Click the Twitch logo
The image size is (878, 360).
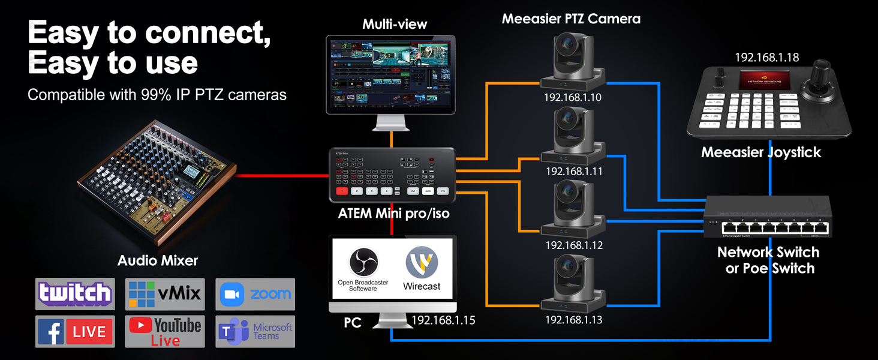(75, 294)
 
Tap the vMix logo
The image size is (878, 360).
(165, 294)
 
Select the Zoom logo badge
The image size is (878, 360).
(255, 294)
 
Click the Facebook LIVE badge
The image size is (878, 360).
(75, 331)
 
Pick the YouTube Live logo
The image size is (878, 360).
(165, 331)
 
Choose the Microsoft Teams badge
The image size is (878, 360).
(255, 331)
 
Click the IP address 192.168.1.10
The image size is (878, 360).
(573, 97)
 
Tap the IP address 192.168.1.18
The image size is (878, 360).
(767, 58)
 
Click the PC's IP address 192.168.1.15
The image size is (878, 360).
(443, 320)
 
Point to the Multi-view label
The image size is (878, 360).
(395, 24)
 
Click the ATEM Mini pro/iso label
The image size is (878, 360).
(393, 213)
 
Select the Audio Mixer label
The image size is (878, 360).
(158, 260)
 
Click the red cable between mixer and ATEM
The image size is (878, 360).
(282, 176)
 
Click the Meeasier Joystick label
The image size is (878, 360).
(761, 152)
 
